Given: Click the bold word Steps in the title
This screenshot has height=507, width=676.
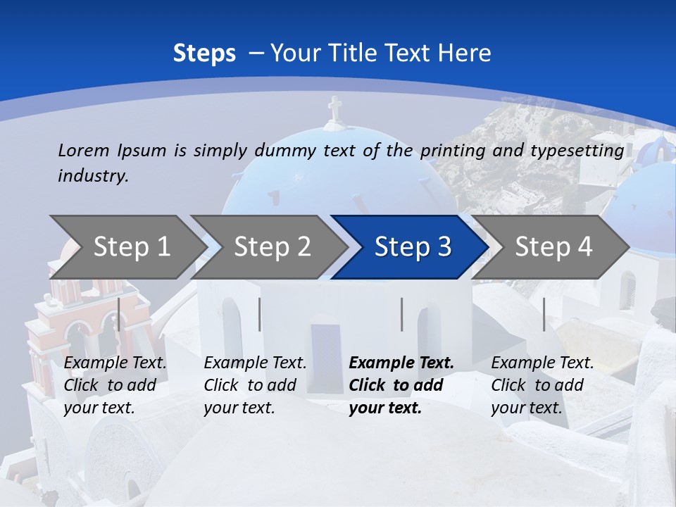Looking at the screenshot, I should coord(204,54).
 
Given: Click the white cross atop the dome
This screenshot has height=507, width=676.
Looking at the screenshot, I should coord(334,108).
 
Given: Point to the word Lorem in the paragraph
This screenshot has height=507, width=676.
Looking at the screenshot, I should coord(84,150).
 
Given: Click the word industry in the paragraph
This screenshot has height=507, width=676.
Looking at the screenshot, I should coord(92,175).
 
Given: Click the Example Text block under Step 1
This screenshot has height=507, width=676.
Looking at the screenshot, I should coord(115,385).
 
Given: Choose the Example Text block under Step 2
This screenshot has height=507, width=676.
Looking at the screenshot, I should coord(255,385).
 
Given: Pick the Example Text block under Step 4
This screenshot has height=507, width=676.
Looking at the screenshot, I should coord(542,385).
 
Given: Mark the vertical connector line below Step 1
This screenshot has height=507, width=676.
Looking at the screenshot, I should coord(119,314).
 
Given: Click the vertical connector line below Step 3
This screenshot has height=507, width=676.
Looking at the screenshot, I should coord(401,314).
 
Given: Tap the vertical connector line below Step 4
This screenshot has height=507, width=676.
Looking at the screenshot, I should coord(544,314).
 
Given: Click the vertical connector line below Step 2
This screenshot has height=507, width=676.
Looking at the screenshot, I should coord(260,314).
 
